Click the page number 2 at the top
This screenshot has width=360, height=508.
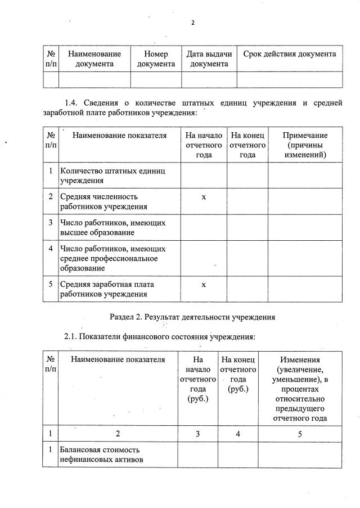pyautogui.click(x=192, y=23)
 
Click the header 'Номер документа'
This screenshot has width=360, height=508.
pyautogui.click(x=156, y=59)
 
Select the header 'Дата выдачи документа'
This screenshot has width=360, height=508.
pyautogui.click(x=209, y=59)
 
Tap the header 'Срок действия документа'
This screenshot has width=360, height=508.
pyautogui.click(x=289, y=54)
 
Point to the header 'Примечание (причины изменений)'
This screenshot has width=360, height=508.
pyautogui.click(x=305, y=145)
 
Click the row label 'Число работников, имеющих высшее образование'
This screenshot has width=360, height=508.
pyautogui.click(x=114, y=227)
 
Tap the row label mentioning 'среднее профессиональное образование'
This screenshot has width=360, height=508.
pyautogui.click(x=115, y=258)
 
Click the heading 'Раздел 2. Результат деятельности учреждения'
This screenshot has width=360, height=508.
pyautogui.click(x=192, y=317)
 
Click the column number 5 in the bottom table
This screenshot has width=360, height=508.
pyautogui.click(x=299, y=434)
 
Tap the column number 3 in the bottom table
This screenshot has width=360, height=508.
pyautogui.click(x=197, y=434)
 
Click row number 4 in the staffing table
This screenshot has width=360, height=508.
pyautogui.click(x=51, y=248)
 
